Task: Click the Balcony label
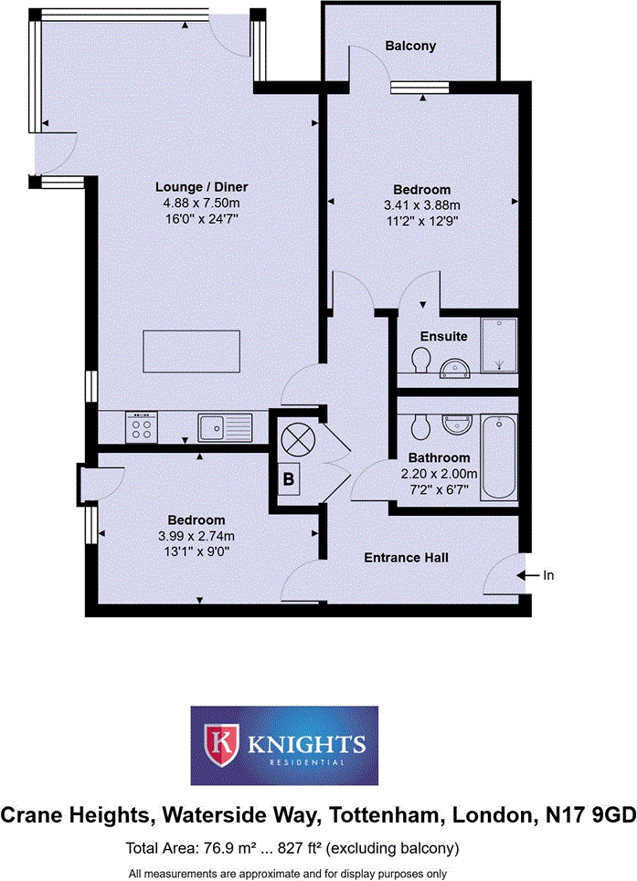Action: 410,46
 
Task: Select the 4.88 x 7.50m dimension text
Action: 193,203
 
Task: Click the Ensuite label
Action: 443,337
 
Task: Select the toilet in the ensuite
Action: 420,364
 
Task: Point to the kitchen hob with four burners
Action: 143,425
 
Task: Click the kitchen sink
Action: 225,425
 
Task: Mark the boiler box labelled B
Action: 289,477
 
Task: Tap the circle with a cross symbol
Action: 299,439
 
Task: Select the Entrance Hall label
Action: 406,558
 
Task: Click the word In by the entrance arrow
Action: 548,575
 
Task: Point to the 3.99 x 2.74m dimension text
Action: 196,536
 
